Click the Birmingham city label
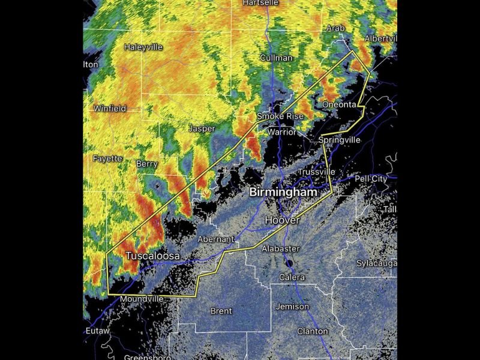283,193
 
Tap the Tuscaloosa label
152,256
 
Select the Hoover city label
281,221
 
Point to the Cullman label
276,58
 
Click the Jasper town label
202,128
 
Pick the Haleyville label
143,47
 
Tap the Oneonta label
340,104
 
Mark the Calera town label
292,277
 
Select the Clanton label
313,331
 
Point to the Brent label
221,311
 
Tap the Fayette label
107,158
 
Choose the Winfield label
110,109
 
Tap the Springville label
339,140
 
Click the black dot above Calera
289,263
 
